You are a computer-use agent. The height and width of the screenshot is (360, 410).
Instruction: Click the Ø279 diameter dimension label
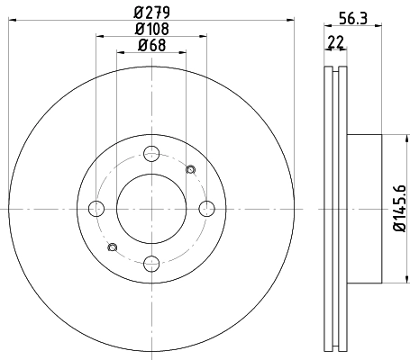click(x=151, y=13)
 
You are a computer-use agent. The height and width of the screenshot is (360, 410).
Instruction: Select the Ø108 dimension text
click(x=152, y=29)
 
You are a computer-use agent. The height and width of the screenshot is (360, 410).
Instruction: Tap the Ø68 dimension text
click(x=151, y=45)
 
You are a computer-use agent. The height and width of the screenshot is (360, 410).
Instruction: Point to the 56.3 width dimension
click(x=353, y=19)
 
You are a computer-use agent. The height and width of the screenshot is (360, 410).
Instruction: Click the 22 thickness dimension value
click(x=336, y=42)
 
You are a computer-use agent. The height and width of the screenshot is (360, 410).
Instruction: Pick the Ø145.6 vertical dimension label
click(x=400, y=209)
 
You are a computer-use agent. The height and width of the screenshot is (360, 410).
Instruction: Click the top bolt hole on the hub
click(x=151, y=153)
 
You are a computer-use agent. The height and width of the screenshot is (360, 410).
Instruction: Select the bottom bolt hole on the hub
click(x=151, y=264)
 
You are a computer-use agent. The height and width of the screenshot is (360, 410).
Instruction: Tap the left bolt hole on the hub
click(x=96, y=209)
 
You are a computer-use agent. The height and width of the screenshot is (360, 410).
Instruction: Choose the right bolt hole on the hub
click(x=207, y=209)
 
